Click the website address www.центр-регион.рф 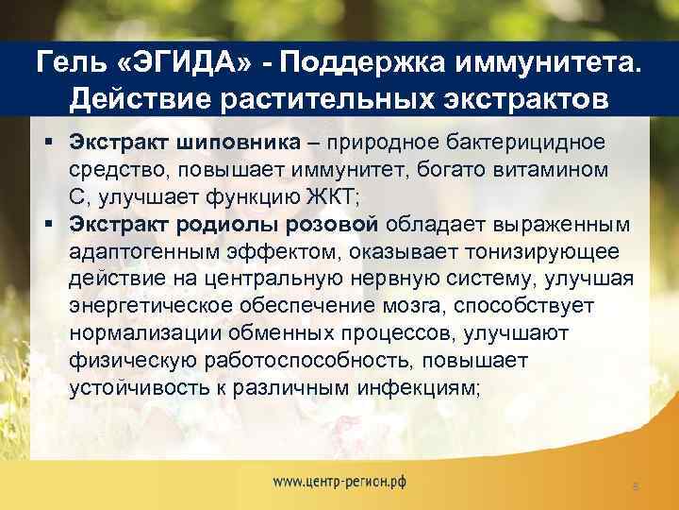tap(340, 481)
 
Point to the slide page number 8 tap(636, 485)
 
